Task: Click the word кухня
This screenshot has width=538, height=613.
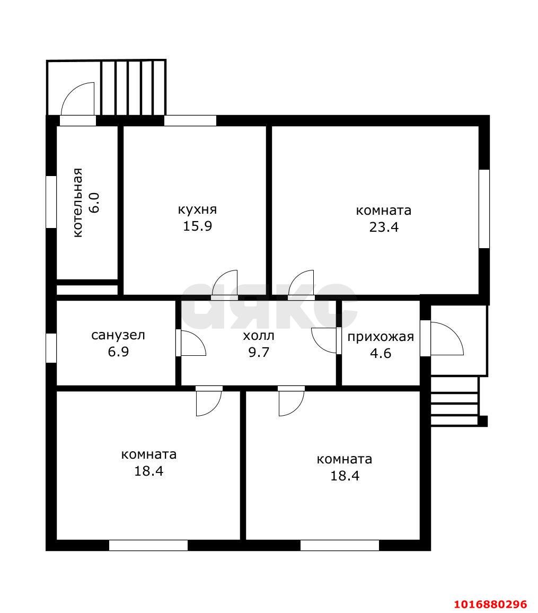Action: point(197,209)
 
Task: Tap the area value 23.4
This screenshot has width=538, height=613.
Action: point(384,227)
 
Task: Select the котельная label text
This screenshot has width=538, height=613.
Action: point(78,203)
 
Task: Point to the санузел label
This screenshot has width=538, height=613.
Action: point(118,336)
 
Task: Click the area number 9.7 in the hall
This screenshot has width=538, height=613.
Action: point(259,352)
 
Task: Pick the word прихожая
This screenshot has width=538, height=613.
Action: point(381,337)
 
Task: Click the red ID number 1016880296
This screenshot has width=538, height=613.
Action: point(490,604)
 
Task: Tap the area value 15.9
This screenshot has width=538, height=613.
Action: point(198,226)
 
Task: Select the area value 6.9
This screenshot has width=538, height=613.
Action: point(118,352)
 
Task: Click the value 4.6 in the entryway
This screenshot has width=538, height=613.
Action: point(381,353)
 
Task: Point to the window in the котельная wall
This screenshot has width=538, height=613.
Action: point(51,202)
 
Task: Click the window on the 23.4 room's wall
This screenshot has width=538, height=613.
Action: point(484,209)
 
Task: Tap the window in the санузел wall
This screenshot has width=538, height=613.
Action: point(51,348)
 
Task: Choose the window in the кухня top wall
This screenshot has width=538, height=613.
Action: point(190,120)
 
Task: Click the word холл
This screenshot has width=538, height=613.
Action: point(259,336)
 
